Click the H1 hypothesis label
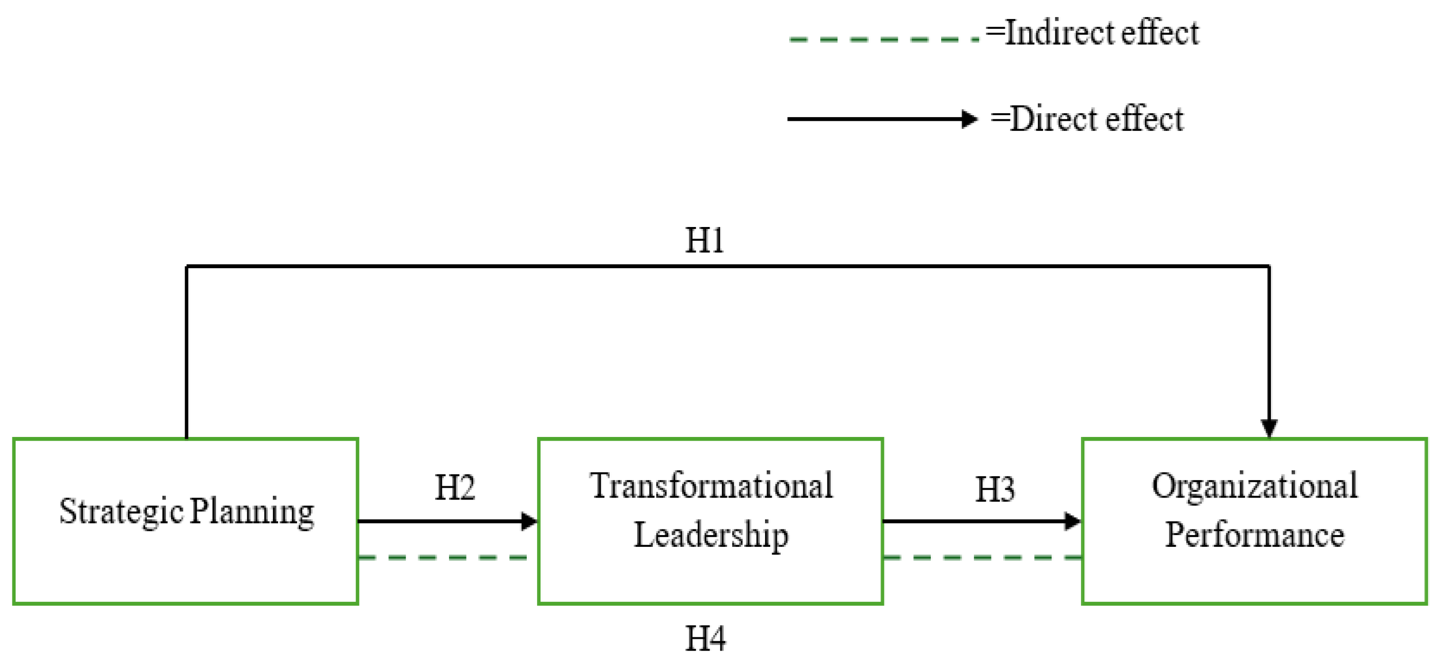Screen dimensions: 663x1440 pos(704,241)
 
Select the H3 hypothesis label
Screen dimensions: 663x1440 pos(995,490)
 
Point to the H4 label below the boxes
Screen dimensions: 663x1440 pos(705,638)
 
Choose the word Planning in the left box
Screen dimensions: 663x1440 pos(252,511)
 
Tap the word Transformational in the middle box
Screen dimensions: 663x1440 pos(711,486)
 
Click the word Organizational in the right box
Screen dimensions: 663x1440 pos(1254,486)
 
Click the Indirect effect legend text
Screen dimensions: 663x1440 pos(1092,32)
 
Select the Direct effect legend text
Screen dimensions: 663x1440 pos(1087,118)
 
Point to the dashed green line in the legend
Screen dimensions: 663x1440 pos(883,39)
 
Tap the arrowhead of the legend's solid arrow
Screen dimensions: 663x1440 pos(969,119)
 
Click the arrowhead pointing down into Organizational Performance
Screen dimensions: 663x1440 pos(1269,428)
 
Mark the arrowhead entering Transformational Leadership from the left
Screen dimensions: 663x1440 pos(529,521)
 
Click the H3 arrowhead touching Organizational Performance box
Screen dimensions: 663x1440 pos(1072,521)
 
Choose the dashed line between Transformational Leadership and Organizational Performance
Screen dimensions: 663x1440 pos(981,557)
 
